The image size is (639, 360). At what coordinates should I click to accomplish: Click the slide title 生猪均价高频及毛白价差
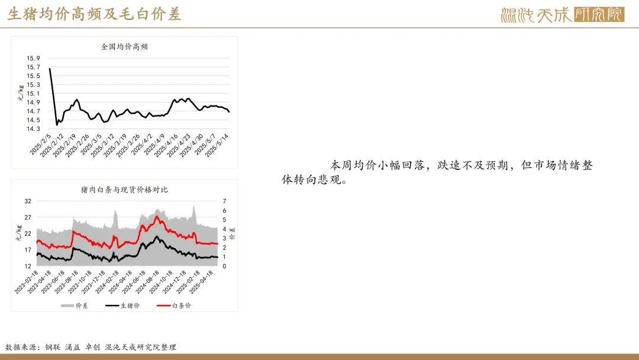(x=94, y=14)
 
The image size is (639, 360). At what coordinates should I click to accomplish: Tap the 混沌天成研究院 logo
(x=563, y=15)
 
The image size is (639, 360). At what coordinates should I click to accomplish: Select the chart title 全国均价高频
(x=124, y=46)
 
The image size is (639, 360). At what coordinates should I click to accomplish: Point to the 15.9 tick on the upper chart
(x=33, y=58)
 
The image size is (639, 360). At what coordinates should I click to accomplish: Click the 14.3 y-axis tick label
(x=33, y=129)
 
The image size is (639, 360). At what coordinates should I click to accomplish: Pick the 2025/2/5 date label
(x=41, y=144)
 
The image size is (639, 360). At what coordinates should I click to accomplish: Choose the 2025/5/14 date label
(x=217, y=146)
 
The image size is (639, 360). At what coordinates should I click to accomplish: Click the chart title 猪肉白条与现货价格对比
(x=124, y=189)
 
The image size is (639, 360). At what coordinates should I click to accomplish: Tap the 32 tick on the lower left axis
(x=28, y=201)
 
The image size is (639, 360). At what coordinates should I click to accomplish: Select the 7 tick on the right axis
(x=224, y=201)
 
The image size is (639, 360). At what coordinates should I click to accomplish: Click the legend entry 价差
(x=75, y=306)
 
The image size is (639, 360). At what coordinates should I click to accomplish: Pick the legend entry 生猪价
(x=122, y=306)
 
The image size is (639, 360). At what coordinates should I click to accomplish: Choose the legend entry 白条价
(x=174, y=306)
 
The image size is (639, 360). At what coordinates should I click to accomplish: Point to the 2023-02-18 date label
(x=26, y=282)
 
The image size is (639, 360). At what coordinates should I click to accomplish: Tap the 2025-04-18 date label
(x=201, y=282)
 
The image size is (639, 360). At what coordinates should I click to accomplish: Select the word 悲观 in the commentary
(x=330, y=179)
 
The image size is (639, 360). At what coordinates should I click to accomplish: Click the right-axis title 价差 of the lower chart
(x=233, y=234)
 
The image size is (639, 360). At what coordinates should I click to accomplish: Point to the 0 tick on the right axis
(x=224, y=266)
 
